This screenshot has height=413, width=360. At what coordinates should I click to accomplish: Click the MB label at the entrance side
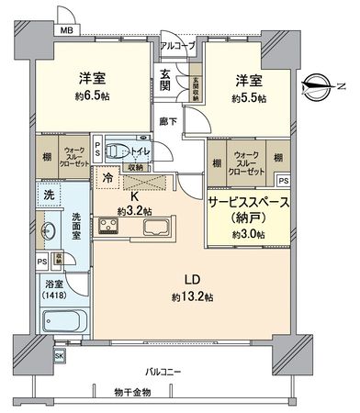tap(66, 29)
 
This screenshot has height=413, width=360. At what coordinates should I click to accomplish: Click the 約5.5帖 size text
tap(248, 97)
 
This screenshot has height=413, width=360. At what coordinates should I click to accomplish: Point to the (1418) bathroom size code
tap(55, 296)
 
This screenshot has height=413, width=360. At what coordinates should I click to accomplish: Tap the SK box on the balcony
tap(60, 355)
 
